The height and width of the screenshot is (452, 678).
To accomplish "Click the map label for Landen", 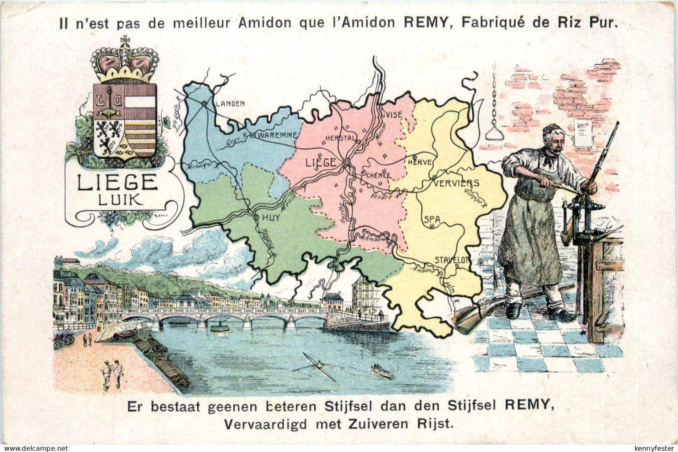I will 230,104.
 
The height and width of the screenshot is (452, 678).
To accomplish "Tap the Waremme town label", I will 277,135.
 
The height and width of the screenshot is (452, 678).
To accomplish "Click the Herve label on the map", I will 420,162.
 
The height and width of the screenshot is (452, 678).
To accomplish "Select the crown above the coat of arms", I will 125,61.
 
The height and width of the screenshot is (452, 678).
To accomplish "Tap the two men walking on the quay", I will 113,373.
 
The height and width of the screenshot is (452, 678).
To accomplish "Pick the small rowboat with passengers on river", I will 381,371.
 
